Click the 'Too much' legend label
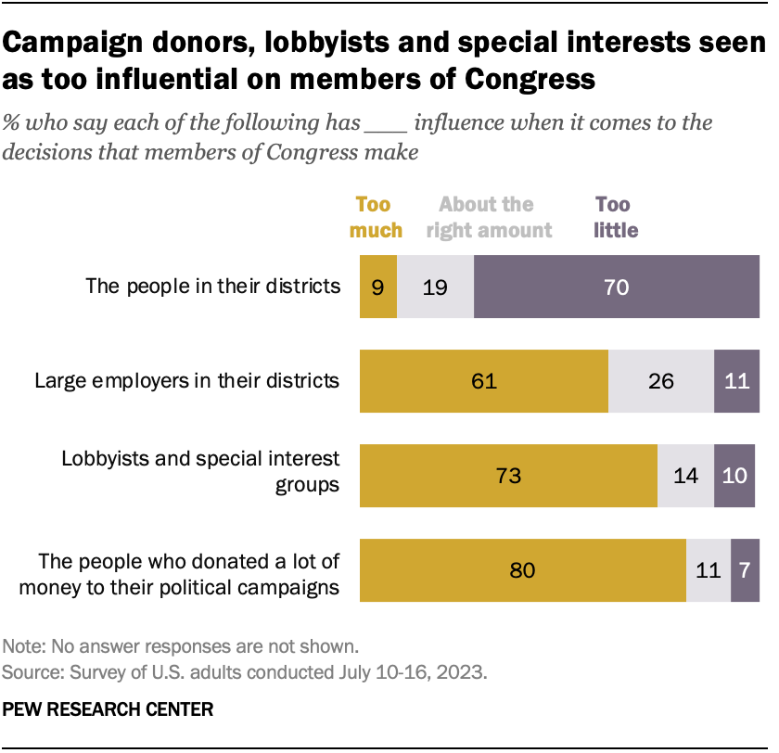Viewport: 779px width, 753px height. (376, 217)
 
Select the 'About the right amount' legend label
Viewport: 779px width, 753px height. (489, 217)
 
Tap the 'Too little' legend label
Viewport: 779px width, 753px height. (617, 217)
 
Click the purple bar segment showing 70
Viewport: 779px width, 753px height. (616, 287)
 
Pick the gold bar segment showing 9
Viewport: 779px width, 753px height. (377, 287)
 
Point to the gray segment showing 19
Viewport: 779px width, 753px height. (435, 287)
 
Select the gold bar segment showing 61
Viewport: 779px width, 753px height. (483, 381)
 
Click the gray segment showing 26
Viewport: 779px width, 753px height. (660, 381)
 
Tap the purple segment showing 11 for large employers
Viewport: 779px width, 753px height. (736, 381)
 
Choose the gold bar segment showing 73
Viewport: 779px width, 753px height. (508, 476)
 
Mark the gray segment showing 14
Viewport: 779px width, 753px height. (685, 476)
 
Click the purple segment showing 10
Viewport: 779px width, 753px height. (736, 476)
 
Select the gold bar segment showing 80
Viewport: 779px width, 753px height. (522, 570)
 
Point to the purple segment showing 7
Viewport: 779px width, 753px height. (745, 570)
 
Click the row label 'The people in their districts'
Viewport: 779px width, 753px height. (213, 286)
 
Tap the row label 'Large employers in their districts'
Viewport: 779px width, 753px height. (186, 380)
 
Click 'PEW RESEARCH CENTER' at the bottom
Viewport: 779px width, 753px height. (109, 709)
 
